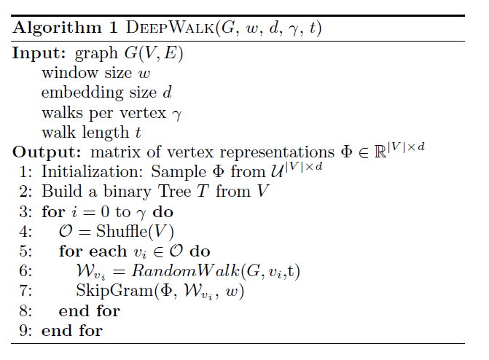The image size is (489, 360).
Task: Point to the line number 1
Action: click(x=25, y=172)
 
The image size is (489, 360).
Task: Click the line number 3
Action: click(x=25, y=212)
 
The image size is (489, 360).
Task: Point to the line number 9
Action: click(x=25, y=330)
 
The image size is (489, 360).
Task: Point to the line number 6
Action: click(x=25, y=271)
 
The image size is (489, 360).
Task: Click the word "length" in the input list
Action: click(x=96, y=133)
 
